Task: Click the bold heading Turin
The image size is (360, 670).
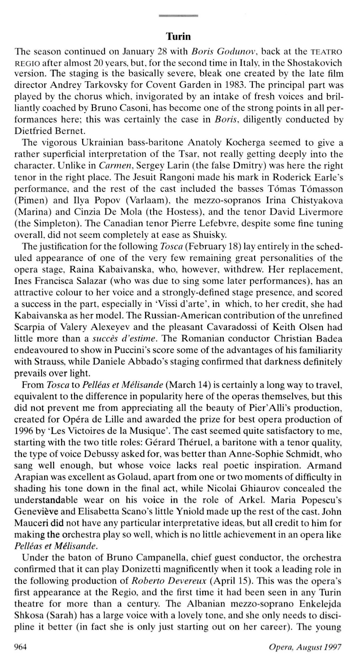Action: [178, 35]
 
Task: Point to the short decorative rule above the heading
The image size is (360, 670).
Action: [178, 16]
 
